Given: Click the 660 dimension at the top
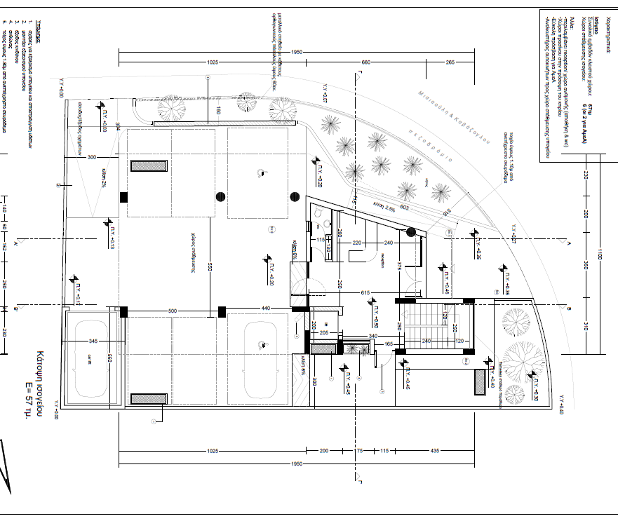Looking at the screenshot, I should point(365,62).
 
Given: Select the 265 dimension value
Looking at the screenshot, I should point(450,62).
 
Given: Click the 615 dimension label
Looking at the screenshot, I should point(365,292).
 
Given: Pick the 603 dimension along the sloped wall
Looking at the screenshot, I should point(404,208).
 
